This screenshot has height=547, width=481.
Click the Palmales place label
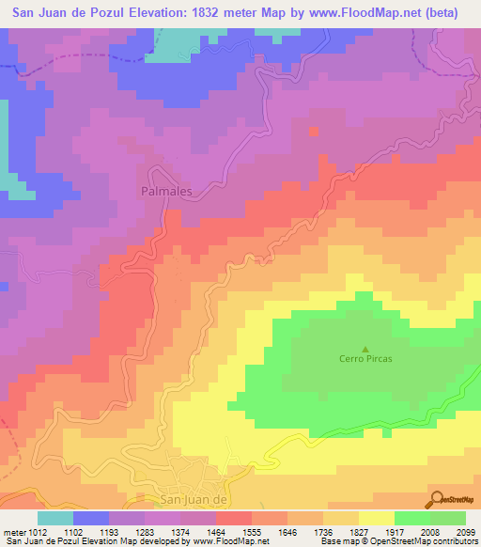[x=165, y=191]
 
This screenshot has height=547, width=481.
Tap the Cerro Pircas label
[x=365, y=359]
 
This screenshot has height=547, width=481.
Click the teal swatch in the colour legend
[x=54, y=518]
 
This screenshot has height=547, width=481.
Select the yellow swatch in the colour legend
[x=376, y=518]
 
